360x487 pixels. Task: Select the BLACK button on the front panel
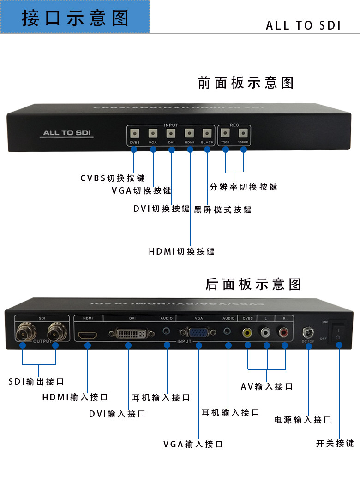tap(207, 133)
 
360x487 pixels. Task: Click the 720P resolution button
tap(225, 133)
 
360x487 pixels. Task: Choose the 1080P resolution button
tap(243, 133)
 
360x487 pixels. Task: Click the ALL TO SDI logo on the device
tap(68, 133)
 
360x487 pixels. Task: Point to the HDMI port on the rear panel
tap(87, 333)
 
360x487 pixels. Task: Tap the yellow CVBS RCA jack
tap(248, 332)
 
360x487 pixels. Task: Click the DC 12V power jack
tap(308, 333)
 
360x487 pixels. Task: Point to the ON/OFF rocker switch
tap(338, 333)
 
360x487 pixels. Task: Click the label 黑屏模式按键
tap(222, 209)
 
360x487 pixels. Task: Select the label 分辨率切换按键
tap(243, 187)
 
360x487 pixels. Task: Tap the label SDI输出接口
tap(36, 381)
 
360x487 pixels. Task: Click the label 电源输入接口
tap(303, 420)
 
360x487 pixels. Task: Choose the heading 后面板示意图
tap(253, 284)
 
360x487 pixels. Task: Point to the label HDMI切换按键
tap(181, 251)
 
